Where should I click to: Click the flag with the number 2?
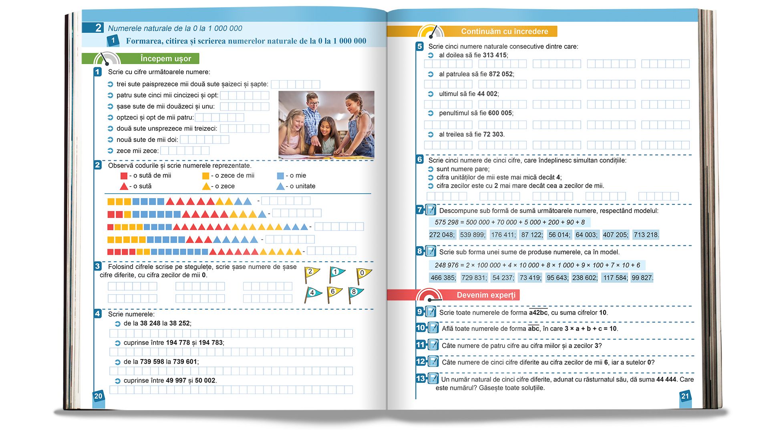tap(311, 273)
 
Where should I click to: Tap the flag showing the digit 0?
tap(363, 274)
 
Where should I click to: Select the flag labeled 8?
tap(354, 293)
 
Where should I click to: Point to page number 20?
tap(98, 396)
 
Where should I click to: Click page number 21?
tap(685, 396)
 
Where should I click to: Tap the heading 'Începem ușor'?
tap(165, 59)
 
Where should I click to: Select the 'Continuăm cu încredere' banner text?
tap(504, 31)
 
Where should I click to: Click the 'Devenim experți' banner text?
tap(486, 295)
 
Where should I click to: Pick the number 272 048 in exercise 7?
tap(442, 235)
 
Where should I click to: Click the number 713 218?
tap(646, 235)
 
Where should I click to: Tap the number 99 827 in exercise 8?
tap(642, 277)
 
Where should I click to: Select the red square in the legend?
tap(124, 176)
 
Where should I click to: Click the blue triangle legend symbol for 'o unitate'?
tap(280, 186)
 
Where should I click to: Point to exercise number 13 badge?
tap(421, 378)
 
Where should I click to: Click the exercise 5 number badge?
tap(419, 47)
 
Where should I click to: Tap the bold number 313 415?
tap(494, 55)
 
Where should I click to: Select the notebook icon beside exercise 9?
tap(431, 312)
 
